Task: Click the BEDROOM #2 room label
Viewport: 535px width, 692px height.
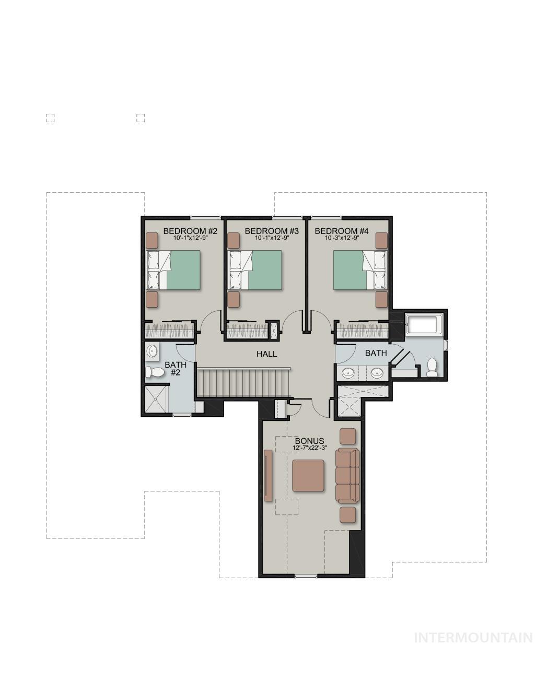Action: (190, 231)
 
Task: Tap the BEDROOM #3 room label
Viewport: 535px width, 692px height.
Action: (272, 231)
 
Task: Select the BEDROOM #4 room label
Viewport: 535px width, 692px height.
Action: (342, 231)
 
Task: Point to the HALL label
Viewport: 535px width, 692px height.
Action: (267, 354)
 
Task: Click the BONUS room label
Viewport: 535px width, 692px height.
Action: (309, 441)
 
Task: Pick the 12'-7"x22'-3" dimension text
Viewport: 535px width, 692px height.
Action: (310, 448)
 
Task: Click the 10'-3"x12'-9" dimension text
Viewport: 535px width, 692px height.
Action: (342, 238)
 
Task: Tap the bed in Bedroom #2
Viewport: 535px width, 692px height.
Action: (173, 270)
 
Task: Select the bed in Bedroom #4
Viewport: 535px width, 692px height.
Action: (360, 270)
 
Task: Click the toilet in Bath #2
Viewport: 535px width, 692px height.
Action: (154, 372)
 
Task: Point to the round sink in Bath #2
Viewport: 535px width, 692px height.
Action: (152, 351)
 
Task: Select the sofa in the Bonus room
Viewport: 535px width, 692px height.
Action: (347, 476)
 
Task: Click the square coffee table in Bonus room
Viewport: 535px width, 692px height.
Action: (308, 475)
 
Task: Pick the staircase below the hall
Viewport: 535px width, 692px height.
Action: (243, 383)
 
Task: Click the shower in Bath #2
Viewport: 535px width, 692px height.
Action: (156, 399)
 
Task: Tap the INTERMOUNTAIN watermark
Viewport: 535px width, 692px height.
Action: (473, 638)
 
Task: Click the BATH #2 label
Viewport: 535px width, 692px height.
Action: (176, 368)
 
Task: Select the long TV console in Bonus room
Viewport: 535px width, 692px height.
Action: (268, 475)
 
